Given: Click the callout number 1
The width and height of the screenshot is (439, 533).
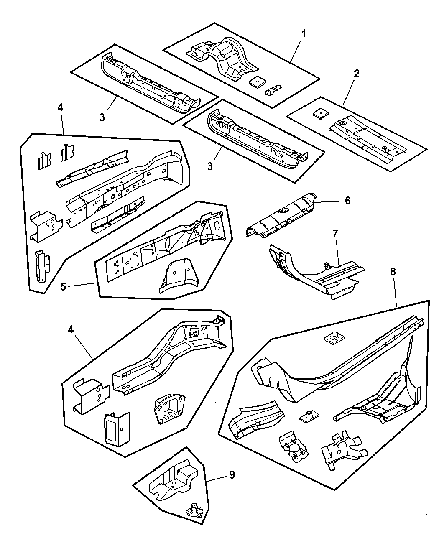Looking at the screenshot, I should point(304,33).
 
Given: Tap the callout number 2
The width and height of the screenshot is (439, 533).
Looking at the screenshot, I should point(356,74).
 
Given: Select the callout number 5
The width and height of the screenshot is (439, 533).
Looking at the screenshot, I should point(63,287).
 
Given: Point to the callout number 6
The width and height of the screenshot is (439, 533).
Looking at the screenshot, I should point(347,201).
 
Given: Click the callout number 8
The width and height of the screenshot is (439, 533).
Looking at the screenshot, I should point(393,271).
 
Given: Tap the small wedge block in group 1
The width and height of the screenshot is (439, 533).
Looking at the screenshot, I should point(273,90).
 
